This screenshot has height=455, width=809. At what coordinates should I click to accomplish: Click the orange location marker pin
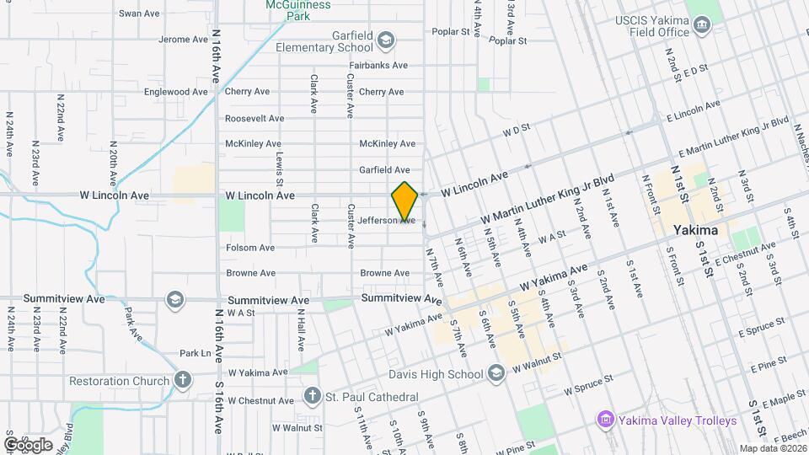tap(404, 201)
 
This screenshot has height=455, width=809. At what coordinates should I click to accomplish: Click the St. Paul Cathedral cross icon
tap(312, 396)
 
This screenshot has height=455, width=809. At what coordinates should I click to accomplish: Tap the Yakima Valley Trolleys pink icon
tap(604, 420)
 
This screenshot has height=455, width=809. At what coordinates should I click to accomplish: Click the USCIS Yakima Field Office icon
tap(701, 32)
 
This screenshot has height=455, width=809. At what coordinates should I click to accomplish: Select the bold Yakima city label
tap(695, 230)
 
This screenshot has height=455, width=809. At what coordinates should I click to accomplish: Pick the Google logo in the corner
tap(28, 445)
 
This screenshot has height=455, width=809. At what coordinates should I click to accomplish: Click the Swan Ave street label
tap(139, 13)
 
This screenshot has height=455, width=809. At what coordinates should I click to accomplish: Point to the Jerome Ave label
tap(183, 40)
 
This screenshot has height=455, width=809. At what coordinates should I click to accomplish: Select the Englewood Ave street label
tap(175, 92)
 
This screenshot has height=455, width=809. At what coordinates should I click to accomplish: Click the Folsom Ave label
tap(250, 248)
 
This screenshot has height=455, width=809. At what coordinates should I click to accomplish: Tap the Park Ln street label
tap(194, 353)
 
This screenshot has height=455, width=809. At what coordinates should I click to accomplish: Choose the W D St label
tap(515, 131)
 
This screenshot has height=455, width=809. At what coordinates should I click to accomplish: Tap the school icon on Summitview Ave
tap(174, 299)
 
